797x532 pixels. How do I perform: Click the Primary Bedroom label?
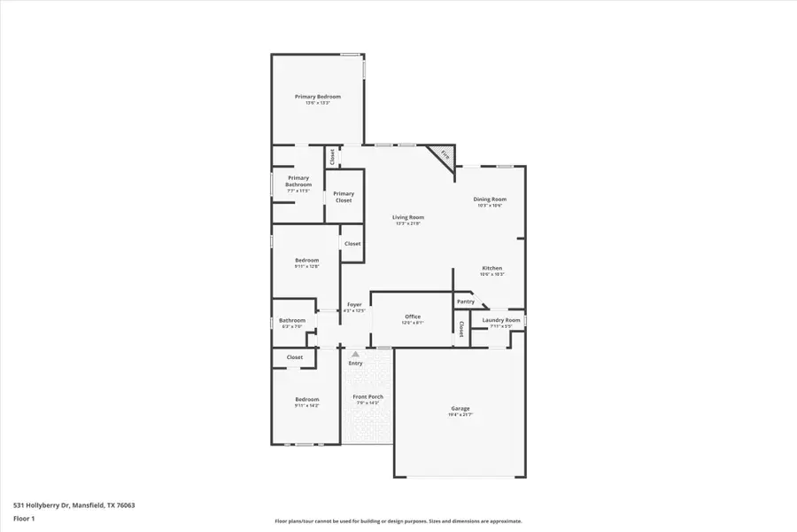click(x=317, y=97)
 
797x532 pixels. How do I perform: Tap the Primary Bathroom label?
click(x=298, y=181)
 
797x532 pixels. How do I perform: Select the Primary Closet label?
click(x=344, y=197)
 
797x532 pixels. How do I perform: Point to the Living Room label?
click(x=408, y=217)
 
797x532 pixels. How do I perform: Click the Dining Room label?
click(x=490, y=199)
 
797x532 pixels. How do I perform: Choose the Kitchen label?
click(x=491, y=268)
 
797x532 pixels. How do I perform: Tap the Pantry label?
click(x=466, y=301)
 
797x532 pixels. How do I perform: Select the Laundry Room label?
click(x=501, y=320)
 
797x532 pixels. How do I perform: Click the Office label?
click(x=413, y=317)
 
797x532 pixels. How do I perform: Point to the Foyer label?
click(x=354, y=305)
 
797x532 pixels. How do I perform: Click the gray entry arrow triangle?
click(x=355, y=354)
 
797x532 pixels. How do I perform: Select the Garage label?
click(x=460, y=409)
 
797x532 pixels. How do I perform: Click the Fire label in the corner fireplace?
click(x=445, y=156)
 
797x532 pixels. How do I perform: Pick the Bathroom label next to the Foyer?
click(x=292, y=320)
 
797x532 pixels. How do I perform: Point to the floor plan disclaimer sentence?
click(x=398, y=521)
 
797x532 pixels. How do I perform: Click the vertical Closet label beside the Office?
click(x=461, y=329)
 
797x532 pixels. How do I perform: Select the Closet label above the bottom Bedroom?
click(x=295, y=357)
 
